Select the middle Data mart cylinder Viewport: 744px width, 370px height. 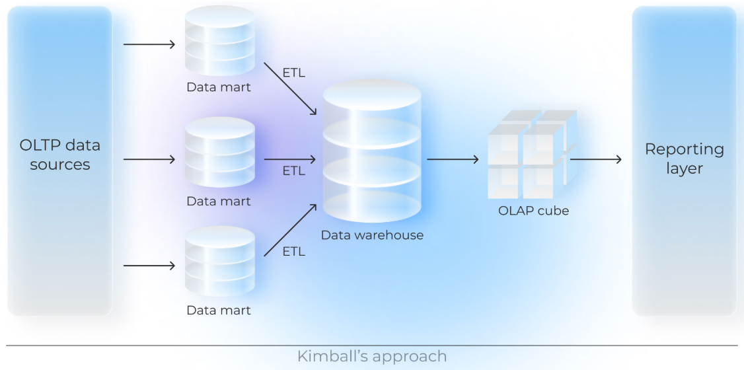tap(219, 153)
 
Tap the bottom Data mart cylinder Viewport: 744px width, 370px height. tap(219, 262)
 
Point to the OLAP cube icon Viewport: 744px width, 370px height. tap(531, 156)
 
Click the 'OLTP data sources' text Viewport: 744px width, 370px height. tap(60, 155)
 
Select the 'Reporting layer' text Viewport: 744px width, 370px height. tap(684, 159)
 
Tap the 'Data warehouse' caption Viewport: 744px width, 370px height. tap(371, 235)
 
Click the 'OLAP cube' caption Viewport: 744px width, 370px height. tap(533, 211)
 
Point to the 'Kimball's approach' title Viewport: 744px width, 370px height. tap(371, 357)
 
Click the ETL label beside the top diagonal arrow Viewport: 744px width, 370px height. tap(293, 73)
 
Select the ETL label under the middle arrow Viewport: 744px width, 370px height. tap(293, 171)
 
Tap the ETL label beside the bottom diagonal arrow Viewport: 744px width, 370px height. tap(293, 251)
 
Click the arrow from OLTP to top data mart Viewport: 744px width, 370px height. tap(149, 44)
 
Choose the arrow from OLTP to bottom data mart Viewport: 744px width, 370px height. tap(149, 266)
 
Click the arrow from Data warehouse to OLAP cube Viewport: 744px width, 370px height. tap(453, 159)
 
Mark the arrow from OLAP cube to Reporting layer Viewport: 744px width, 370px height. tap(595, 159)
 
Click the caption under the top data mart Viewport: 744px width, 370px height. tap(219, 87)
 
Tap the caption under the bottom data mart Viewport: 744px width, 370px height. tap(219, 310)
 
